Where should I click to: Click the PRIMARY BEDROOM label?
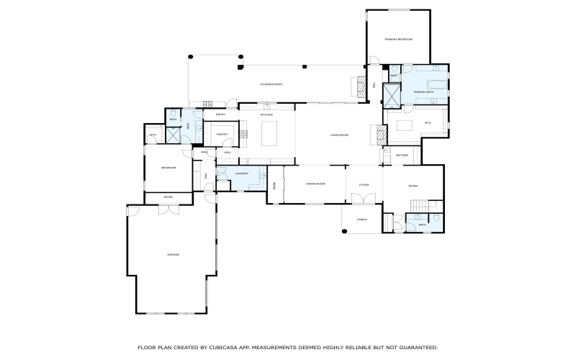398,39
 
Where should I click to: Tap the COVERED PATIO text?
271,84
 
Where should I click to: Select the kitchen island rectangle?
269,134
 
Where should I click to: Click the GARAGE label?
173,254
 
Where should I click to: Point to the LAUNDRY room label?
241,174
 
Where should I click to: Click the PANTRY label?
221,134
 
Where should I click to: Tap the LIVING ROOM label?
339,135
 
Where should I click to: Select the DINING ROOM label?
315,184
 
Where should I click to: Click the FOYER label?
364,184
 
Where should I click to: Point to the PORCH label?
362,220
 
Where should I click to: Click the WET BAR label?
401,155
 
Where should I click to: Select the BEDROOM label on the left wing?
168,168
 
